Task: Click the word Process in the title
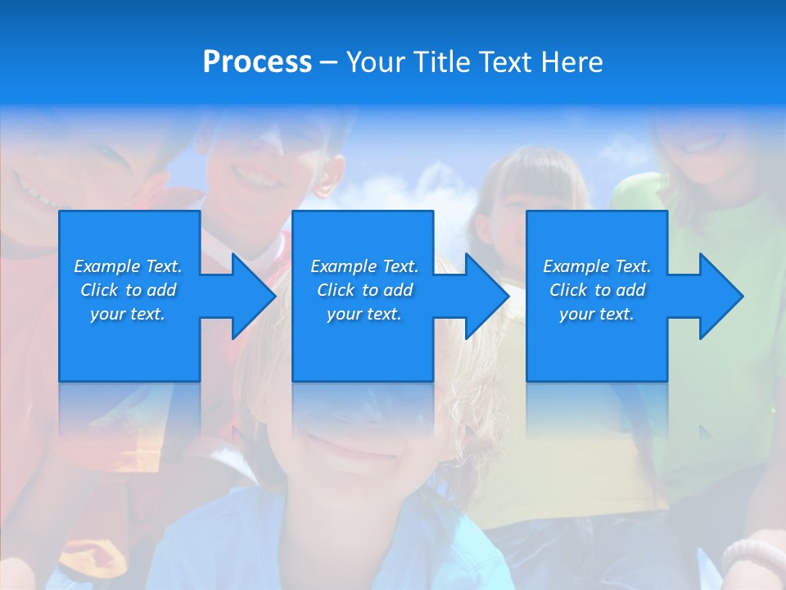pos(257,62)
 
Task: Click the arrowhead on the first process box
pos(249,296)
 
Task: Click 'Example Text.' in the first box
pos(128,266)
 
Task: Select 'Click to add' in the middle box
pos(364,290)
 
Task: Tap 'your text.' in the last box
pos(597,314)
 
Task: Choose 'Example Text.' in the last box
pos(597,266)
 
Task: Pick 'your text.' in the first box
pos(128,314)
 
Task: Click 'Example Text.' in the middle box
pos(364,266)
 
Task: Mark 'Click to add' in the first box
pos(128,290)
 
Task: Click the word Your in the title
pos(377,62)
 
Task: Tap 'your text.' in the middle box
pos(364,314)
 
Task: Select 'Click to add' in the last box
pos(597,290)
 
